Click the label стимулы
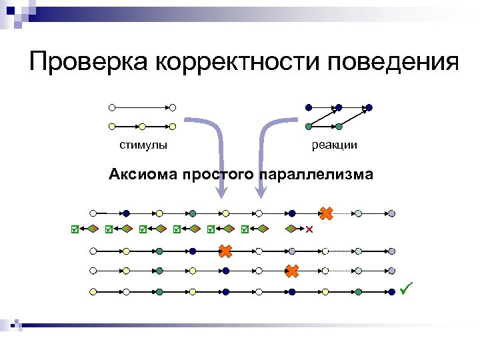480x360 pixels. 143,145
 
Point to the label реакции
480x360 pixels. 334,145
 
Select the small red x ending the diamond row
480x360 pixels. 309,229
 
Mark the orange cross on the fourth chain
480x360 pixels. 292,271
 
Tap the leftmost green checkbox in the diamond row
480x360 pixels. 75,229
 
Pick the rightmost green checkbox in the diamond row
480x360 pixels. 245,229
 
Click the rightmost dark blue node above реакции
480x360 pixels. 370,107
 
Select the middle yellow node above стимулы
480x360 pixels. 142,126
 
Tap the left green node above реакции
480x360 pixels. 308,126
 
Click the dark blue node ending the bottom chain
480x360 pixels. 391,292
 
